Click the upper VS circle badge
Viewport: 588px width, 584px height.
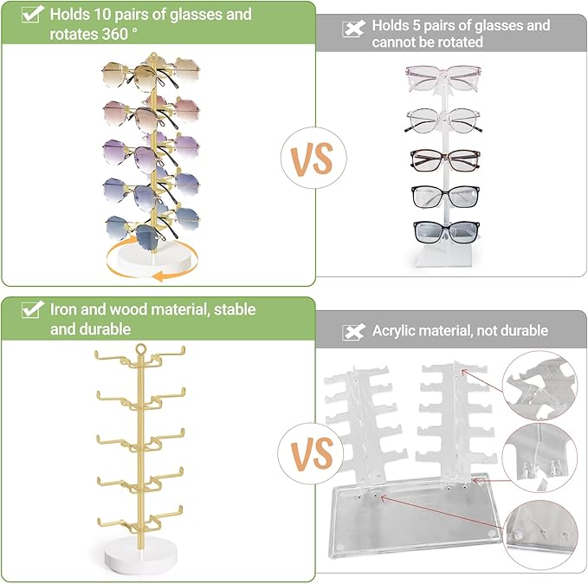click(313, 158)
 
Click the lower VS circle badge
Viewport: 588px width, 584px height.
click(311, 453)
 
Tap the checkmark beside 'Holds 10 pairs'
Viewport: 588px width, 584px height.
click(33, 14)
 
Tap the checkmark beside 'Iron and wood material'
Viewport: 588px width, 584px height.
click(33, 309)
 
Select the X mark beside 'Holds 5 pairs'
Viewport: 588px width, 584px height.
click(353, 29)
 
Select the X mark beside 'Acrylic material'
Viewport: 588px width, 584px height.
click(353, 332)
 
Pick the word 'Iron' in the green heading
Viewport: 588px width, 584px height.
click(63, 309)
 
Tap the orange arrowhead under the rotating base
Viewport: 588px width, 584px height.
click(159, 276)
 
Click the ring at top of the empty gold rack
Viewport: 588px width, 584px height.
click(140, 349)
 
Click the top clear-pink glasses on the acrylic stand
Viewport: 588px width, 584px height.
click(443, 78)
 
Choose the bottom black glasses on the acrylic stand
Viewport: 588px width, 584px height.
click(446, 231)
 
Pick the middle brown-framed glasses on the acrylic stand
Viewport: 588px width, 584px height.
click(445, 159)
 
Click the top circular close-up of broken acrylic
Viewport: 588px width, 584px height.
click(540, 385)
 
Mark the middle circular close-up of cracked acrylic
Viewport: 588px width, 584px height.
click(540, 457)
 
